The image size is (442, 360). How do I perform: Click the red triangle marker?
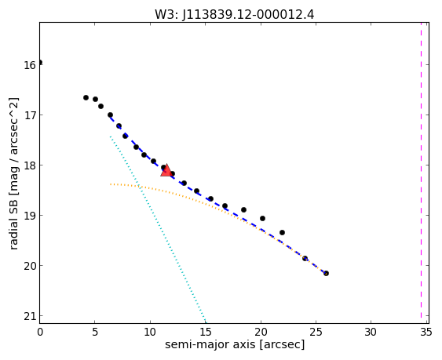[x=166, y=170]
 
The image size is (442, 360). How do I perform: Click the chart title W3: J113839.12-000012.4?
[x=234, y=14]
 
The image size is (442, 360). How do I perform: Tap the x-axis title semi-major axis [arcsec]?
[x=235, y=344]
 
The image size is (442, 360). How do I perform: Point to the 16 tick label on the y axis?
[x=30, y=65]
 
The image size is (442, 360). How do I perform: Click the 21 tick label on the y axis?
[x=30, y=316]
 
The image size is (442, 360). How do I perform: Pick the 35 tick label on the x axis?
[x=426, y=333]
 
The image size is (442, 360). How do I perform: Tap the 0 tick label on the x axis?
[x=40, y=333]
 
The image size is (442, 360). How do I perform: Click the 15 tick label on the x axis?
[x=205, y=333]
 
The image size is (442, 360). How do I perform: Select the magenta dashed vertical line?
[x=421, y=173]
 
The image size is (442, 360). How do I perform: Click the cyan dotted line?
[x=158, y=230]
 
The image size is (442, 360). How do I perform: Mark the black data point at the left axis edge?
[x=40, y=62]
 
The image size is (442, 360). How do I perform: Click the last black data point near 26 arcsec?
[x=326, y=273]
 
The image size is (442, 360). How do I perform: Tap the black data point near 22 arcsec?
[x=282, y=232]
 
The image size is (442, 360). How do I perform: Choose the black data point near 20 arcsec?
[x=262, y=218]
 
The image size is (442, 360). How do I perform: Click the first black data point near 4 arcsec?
[x=86, y=98]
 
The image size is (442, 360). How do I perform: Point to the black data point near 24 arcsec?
[x=305, y=258]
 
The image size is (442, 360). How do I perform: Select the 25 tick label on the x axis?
[x=316, y=333]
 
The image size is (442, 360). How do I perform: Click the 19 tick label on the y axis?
[x=30, y=216]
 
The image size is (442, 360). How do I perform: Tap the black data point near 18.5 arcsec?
[x=244, y=210]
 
